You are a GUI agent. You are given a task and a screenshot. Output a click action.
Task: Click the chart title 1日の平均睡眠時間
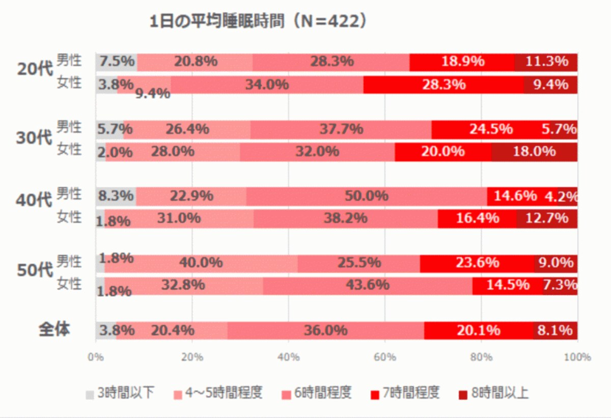point(217,21)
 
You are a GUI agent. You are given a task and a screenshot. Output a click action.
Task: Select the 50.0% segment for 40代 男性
point(367,197)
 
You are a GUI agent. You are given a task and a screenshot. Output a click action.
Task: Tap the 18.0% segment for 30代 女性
point(534,152)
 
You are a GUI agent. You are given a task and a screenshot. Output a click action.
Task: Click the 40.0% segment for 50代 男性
point(201,264)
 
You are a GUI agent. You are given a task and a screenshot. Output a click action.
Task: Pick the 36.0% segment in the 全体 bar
point(326,330)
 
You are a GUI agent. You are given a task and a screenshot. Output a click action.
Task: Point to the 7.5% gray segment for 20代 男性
point(117,62)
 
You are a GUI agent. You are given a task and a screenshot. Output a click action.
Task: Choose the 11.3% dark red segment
point(546,62)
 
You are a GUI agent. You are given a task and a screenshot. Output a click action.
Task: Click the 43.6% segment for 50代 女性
point(368,286)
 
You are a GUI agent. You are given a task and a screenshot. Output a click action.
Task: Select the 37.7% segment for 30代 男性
point(341,129)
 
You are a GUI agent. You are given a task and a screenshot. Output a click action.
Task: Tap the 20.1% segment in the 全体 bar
point(479,330)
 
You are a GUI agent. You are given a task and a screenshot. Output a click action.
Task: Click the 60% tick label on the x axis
point(385,357)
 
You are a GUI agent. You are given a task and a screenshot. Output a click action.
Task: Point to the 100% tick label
point(577,357)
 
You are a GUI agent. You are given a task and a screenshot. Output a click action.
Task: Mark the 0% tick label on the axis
point(96,357)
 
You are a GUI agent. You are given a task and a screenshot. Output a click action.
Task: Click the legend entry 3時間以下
point(120,393)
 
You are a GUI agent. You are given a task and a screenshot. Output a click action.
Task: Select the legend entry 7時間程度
point(405,393)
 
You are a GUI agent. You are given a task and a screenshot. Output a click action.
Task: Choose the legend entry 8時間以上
point(494,393)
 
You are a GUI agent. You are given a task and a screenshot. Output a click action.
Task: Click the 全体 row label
point(54,329)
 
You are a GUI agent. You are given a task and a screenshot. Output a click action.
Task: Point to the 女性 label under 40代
point(69,217)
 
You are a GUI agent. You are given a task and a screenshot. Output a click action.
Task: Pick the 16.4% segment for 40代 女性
point(478,219)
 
